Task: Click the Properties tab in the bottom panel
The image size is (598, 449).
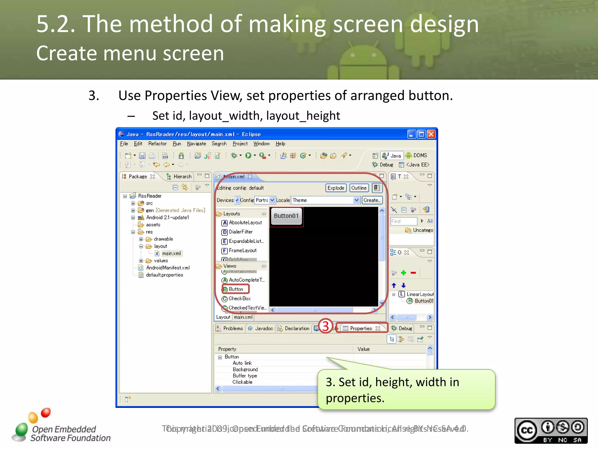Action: (361, 328)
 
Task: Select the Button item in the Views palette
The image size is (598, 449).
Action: (236, 289)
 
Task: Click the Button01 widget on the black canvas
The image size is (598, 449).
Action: (286, 216)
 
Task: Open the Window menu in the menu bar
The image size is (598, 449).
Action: (261, 144)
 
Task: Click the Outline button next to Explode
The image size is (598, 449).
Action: (359, 188)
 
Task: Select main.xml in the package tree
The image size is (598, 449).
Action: (171, 253)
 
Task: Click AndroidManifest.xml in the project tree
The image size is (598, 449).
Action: (168, 268)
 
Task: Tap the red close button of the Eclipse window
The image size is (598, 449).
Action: (431, 134)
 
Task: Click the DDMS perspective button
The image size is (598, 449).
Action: (417, 155)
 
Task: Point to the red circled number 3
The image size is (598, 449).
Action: (326, 326)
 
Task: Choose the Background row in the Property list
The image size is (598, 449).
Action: (245, 369)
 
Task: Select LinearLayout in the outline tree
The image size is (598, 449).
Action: (420, 294)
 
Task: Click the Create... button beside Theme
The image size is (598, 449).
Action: (372, 200)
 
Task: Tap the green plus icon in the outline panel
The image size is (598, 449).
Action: (404, 273)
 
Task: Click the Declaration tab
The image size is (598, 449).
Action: (297, 328)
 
